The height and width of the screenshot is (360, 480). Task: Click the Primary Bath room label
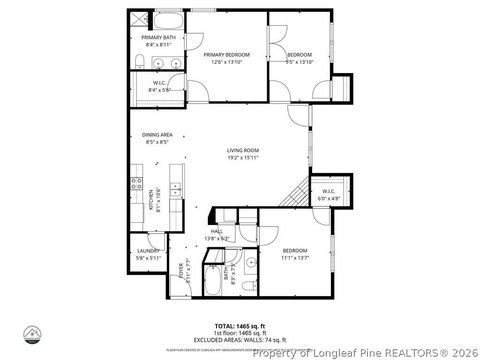[x=157, y=39]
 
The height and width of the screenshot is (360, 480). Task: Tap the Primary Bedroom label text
[x=227, y=54]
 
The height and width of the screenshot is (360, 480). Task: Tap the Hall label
[x=217, y=232]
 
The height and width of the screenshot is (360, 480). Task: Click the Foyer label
[x=181, y=270]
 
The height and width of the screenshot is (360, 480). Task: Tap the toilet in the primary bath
[x=136, y=64]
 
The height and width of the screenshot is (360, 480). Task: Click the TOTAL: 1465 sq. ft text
[x=239, y=326]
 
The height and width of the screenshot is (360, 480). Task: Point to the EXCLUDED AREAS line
[x=240, y=339]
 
